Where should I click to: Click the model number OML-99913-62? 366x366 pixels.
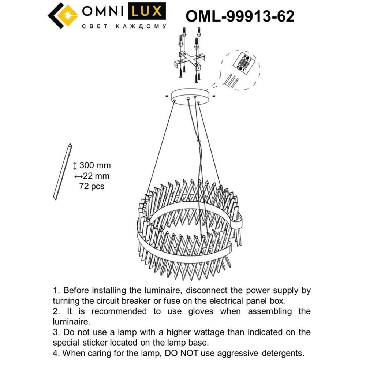pyautogui.click(x=240, y=16)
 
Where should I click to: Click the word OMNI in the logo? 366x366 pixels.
pyautogui.click(x=105, y=12)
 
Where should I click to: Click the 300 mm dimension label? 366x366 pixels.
pyautogui.click(x=95, y=165)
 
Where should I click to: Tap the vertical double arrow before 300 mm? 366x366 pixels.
pyautogui.click(x=75, y=165)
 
